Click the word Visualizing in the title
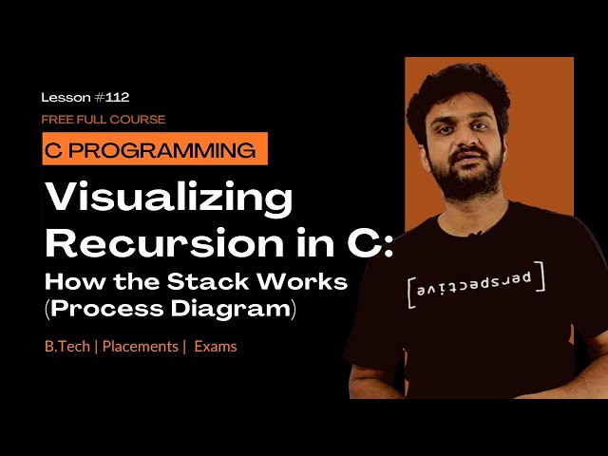tap(170, 199)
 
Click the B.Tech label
tap(66, 347)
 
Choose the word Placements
tap(140, 347)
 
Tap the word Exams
tap(216, 347)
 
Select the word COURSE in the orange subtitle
tap(141, 120)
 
